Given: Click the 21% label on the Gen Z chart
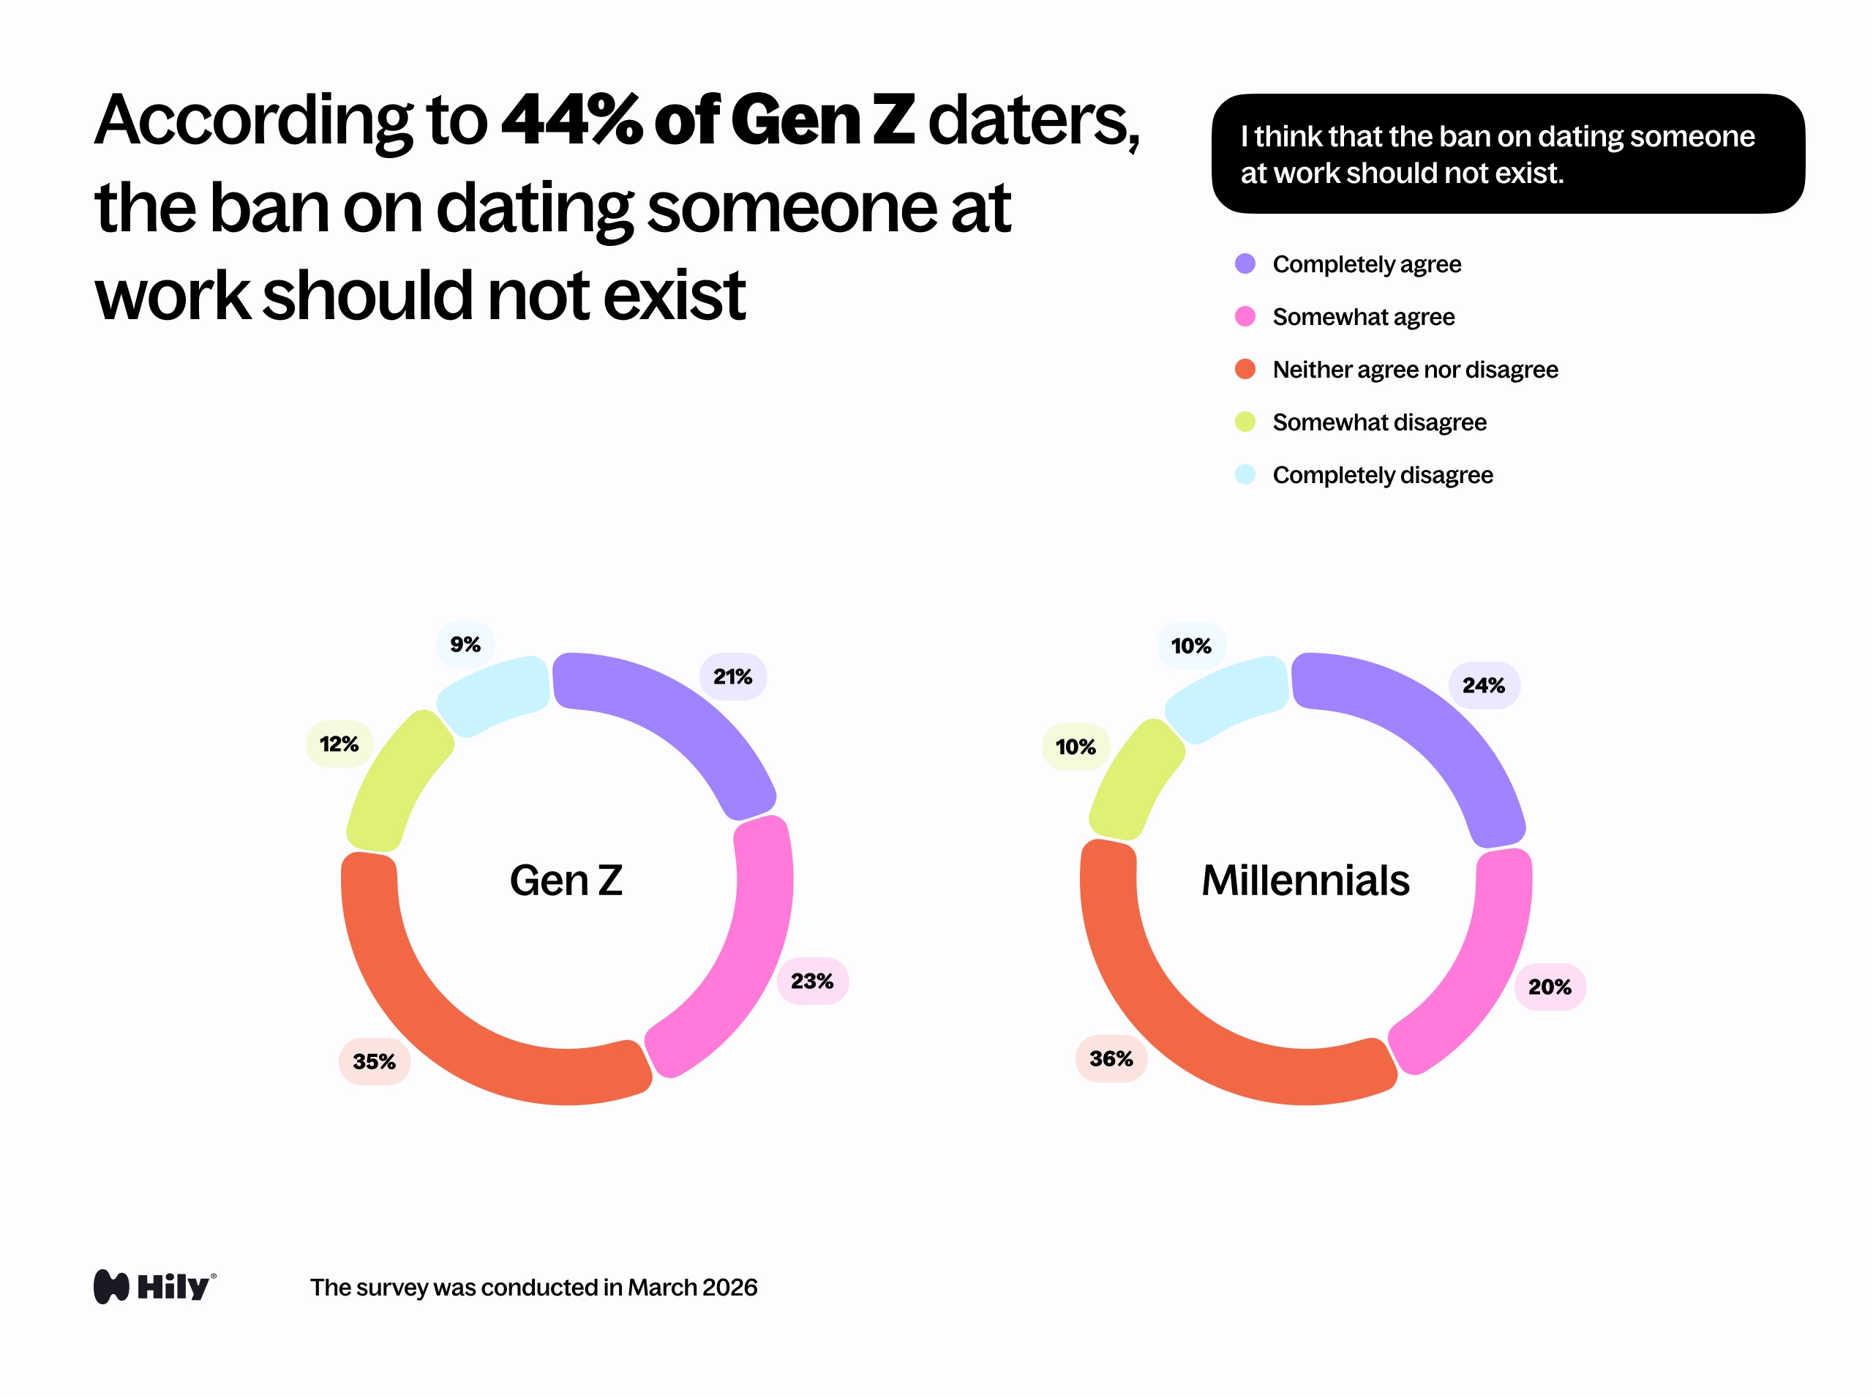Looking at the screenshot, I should point(732,676).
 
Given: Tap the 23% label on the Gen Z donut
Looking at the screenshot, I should point(812,981).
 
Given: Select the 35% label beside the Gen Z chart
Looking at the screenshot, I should point(374,1061).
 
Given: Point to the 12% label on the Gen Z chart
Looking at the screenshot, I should point(339,744).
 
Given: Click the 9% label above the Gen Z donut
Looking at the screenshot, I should point(465,644).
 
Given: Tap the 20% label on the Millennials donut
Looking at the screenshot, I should point(1549,987).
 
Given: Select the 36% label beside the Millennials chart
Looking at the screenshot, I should point(1111,1058).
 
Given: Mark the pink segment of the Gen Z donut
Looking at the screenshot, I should point(745,956).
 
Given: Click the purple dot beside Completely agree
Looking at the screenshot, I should point(1245,264).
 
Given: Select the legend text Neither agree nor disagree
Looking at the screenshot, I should point(1414,370).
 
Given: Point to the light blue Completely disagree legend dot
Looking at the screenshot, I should point(1245,475).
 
